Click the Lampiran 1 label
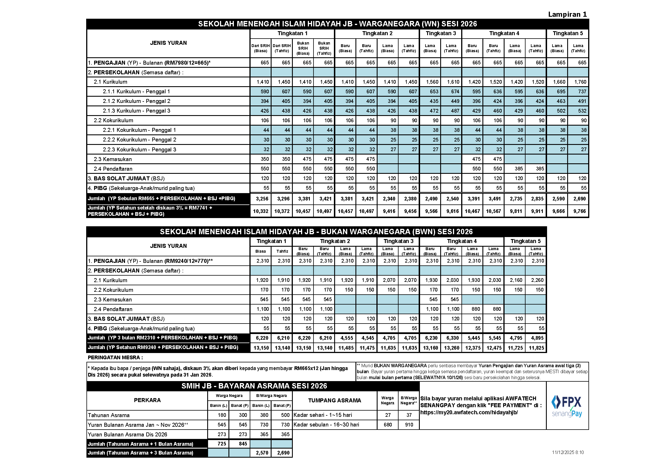pyautogui.click(x=567, y=14)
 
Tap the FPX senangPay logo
pyautogui.click(x=567, y=406)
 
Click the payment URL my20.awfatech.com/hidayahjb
pyautogui.click(x=469, y=412)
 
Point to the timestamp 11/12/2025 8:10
pyautogui.click(x=568, y=452)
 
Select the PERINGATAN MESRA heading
pyautogui.click(x=115, y=358)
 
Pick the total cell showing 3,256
pyautogui.click(x=262, y=199)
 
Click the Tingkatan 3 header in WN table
pyautogui.click(x=441, y=33)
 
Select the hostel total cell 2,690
pyautogui.click(x=283, y=453)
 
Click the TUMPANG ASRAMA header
pyautogui.click(x=334, y=401)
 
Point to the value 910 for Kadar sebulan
pyautogui.click(x=409, y=425)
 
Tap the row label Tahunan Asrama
pyautogui.click(x=109, y=415)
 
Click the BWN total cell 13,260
pyautogui.click(x=451, y=348)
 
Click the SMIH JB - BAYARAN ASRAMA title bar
pyautogui.click(x=254, y=386)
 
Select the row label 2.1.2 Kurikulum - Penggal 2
pyautogui.click(x=136, y=101)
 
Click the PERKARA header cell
pyautogui.click(x=147, y=400)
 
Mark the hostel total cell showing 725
pyautogui.click(x=221, y=444)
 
